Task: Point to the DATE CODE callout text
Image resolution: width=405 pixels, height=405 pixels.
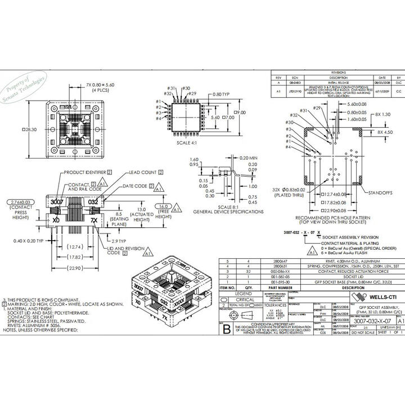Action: (x=135, y=186)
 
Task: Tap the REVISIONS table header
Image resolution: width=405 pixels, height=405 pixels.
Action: (x=338, y=73)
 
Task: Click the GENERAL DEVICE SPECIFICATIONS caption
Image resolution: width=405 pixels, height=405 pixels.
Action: (x=220, y=211)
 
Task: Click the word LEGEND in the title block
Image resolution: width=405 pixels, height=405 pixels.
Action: (x=243, y=294)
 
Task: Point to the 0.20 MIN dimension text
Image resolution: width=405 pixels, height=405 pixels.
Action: (x=248, y=158)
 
